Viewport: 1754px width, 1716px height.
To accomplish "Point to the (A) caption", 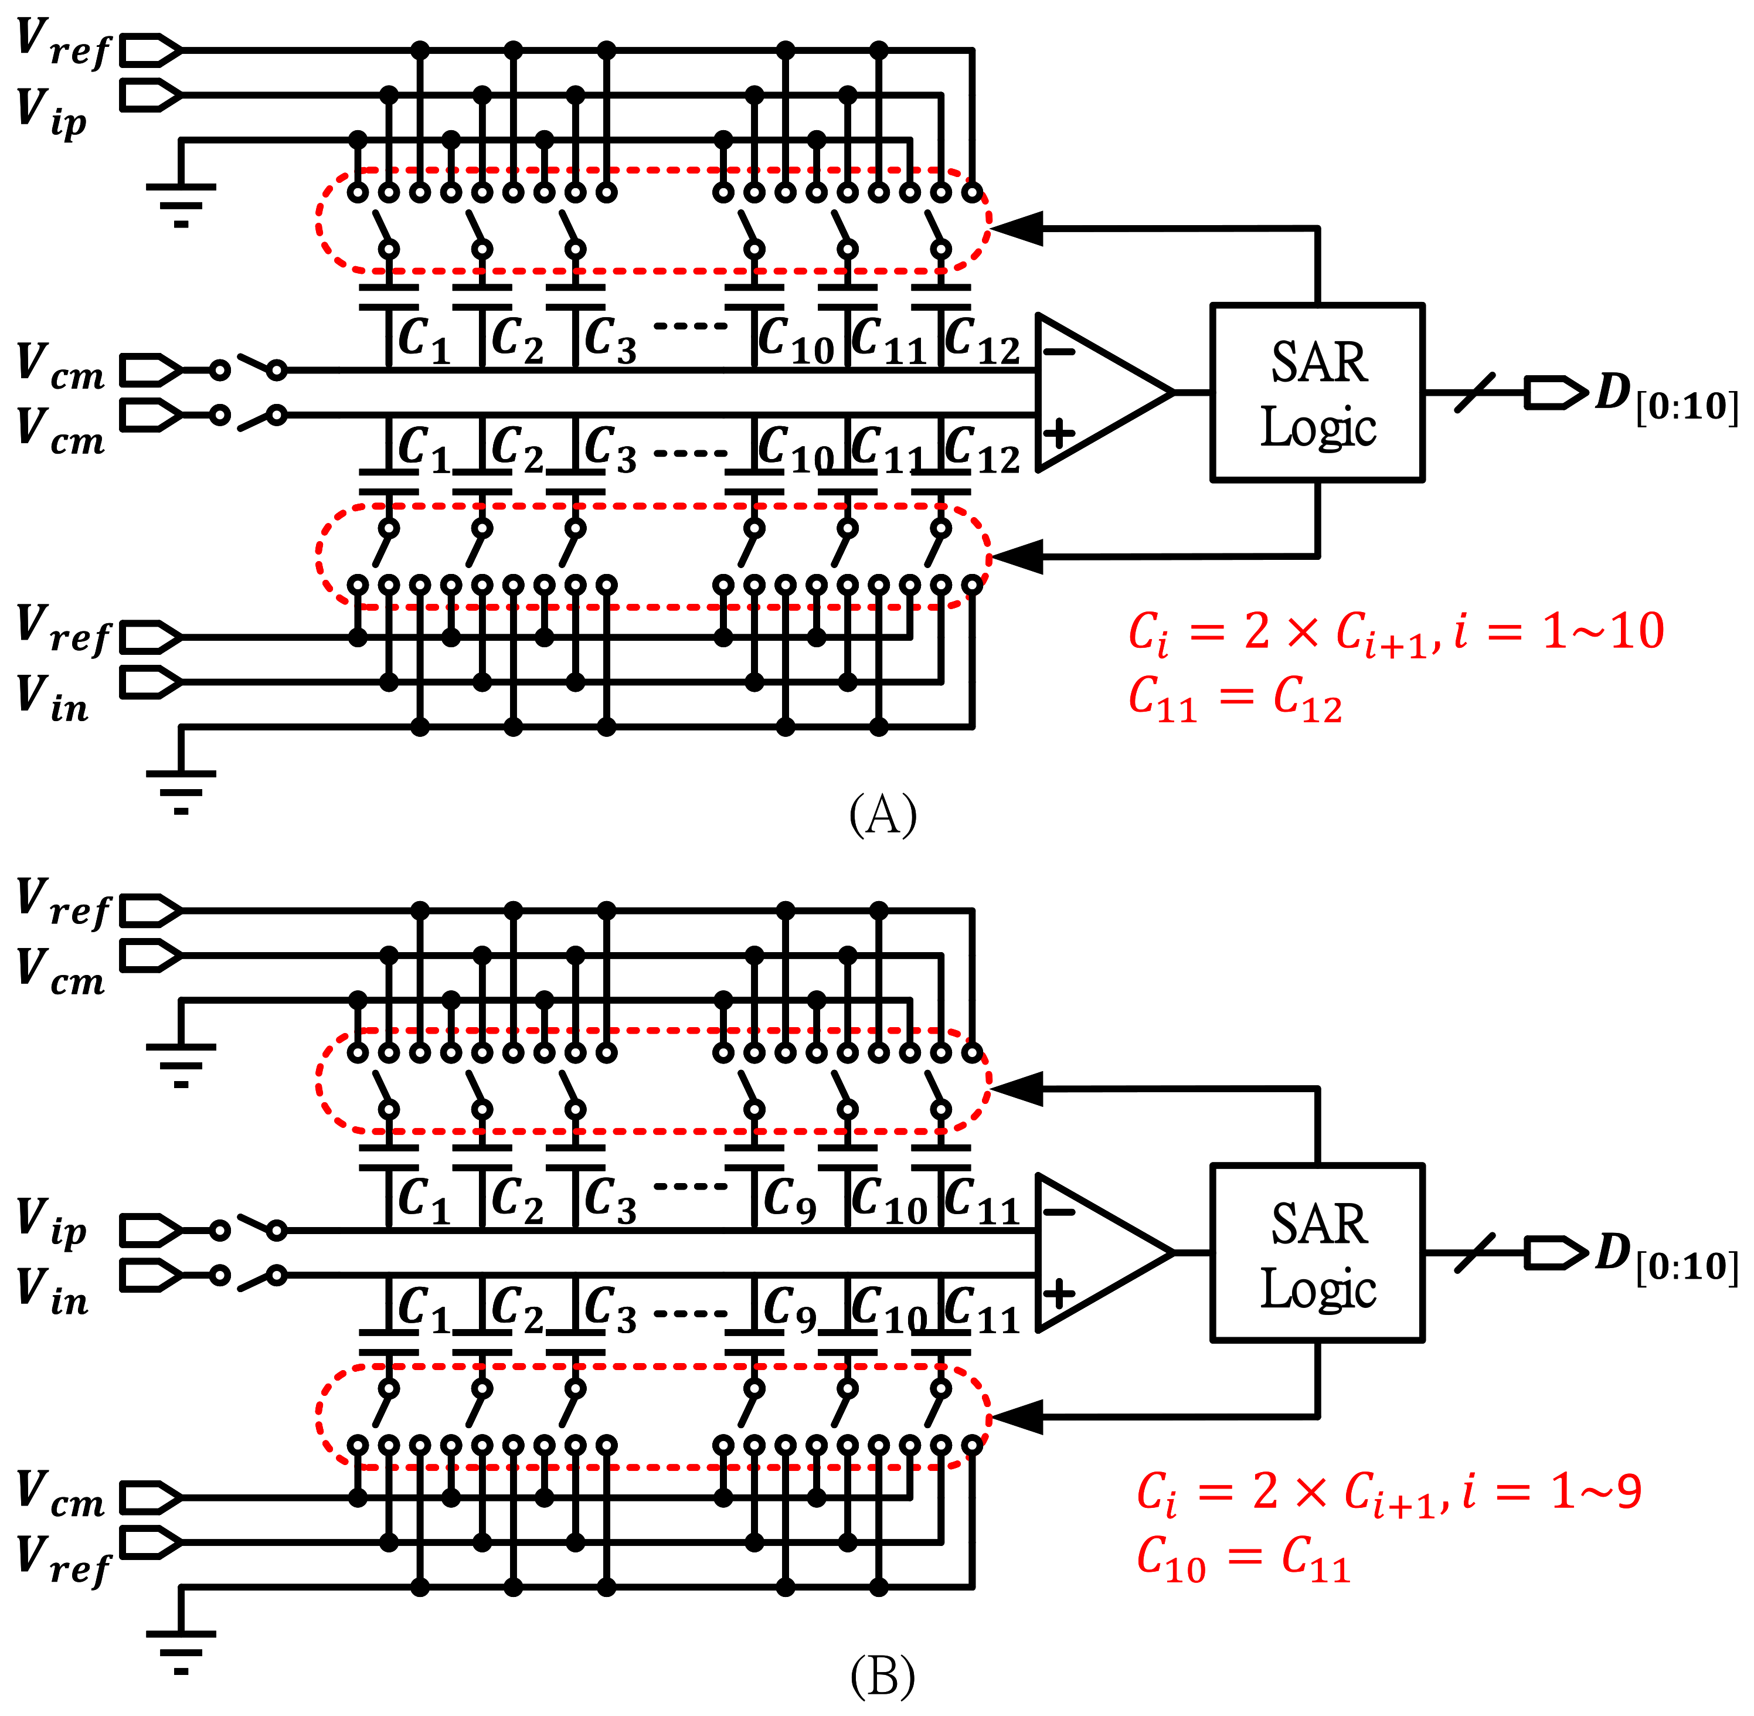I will click(x=882, y=814).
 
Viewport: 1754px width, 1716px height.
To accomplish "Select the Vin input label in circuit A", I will click(x=52, y=698).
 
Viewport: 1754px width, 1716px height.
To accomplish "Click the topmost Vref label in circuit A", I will click(x=62, y=43).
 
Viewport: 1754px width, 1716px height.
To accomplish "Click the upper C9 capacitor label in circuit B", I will click(x=790, y=1201).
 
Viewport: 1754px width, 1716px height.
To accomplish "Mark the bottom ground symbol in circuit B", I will click(x=181, y=1651).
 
